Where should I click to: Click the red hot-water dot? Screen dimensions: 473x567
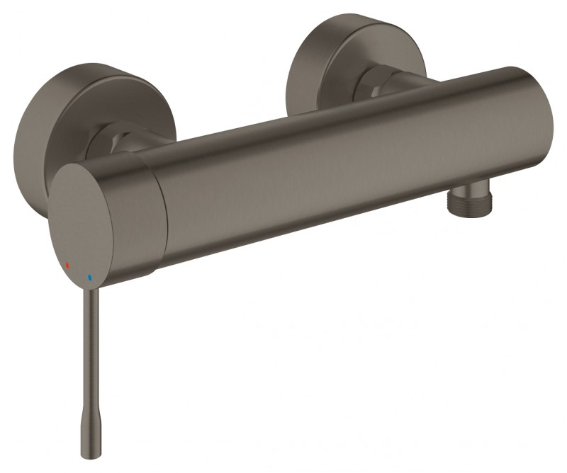[68, 266]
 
